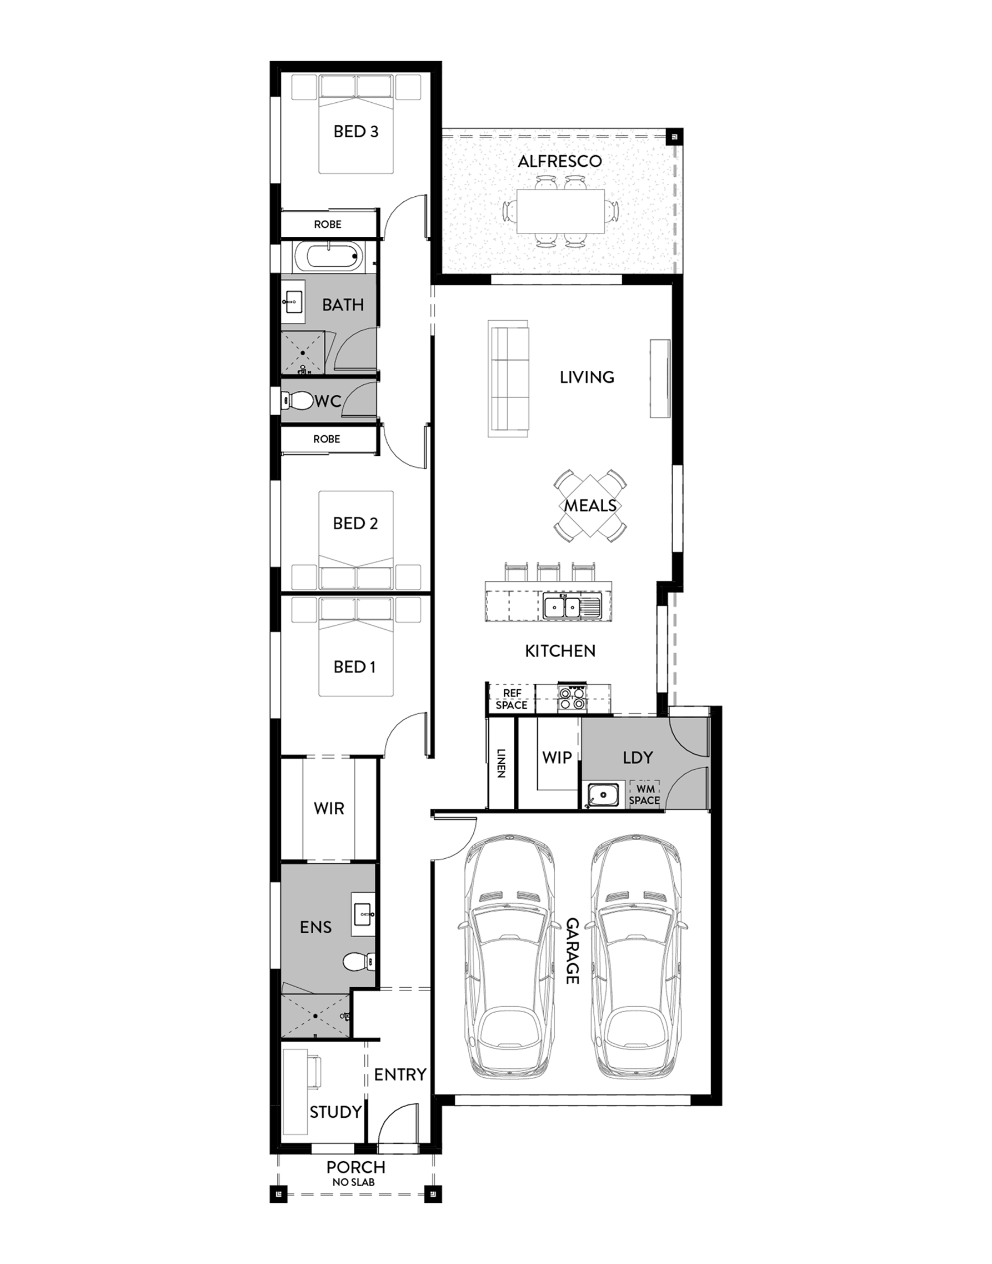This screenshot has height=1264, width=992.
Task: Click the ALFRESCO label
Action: coord(559,161)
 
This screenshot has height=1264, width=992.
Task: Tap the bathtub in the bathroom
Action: coord(328,257)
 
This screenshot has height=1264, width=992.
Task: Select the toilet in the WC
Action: coord(297,400)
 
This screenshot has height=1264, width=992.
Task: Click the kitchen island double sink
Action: coord(562,608)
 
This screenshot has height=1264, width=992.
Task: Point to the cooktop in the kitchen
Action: coord(571,698)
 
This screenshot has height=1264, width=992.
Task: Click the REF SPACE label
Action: coord(512,699)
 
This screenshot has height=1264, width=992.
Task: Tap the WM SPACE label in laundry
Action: coord(644,794)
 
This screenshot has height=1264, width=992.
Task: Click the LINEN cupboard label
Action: coord(500,763)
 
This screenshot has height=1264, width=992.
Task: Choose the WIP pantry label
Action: coord(557,757)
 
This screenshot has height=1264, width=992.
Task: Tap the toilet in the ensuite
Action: coord(358,962)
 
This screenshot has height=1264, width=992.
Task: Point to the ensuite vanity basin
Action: coord(364,914)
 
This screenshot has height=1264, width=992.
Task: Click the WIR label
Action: coord(329,808)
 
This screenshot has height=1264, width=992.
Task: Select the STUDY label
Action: coord(335,1112)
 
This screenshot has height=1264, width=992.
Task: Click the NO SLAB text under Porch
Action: coord(354,1182)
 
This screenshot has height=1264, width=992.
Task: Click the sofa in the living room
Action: coord(508,378)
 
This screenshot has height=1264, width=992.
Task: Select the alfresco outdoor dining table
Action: coord(560,211)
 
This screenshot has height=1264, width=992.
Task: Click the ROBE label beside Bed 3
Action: coord(328,225)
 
